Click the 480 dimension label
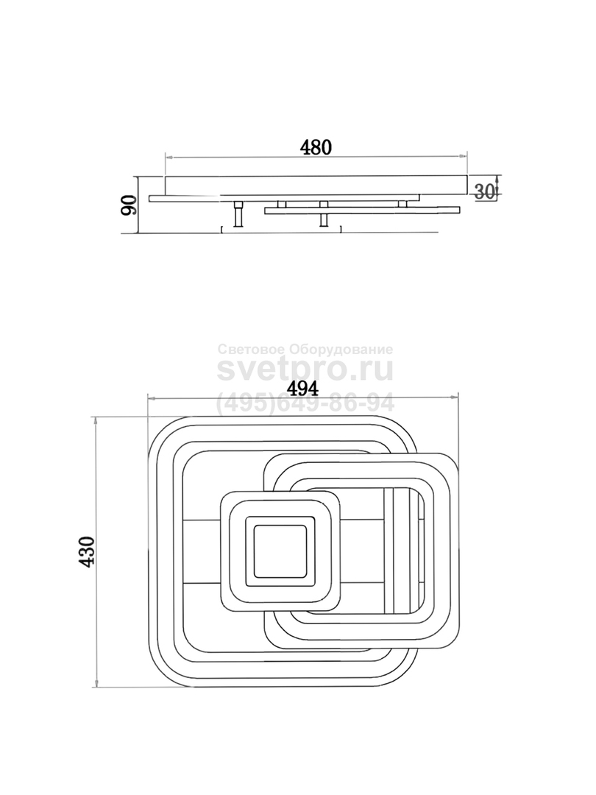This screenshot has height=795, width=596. (316, 147)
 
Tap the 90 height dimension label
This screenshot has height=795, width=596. (130, 205)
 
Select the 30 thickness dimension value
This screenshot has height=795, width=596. (484, 191)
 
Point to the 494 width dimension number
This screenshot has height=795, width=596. (302, 389)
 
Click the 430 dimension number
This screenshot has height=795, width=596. (87, 551)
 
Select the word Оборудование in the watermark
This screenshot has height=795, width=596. (341, 350)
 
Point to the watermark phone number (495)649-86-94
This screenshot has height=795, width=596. (305, 403)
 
